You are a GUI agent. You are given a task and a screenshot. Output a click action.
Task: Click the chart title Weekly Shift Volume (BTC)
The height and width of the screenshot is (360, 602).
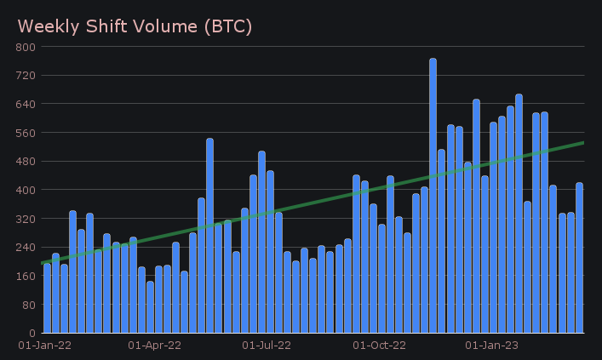click(135, 26)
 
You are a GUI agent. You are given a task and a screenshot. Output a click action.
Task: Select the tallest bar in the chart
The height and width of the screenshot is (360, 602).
click(433, 196)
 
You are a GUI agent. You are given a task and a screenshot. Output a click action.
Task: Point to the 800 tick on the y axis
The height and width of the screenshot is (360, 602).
click(25, 47)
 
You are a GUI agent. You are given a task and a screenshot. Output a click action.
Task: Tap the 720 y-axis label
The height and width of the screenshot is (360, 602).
click(25, 76)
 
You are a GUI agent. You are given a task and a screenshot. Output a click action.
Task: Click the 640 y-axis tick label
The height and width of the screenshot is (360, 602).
click(25, 104)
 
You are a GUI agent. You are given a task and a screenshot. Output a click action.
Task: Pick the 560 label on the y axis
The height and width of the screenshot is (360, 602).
click(25, 133)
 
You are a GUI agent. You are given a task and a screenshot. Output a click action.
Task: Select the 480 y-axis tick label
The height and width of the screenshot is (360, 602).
click(25, 161)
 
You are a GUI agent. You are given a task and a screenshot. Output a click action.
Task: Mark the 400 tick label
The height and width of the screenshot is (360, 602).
click(25, 190)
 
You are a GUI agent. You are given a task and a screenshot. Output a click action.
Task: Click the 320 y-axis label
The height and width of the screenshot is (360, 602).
click(25, 219)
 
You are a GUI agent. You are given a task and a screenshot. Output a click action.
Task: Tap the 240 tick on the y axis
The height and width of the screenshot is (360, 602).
click(25, 247)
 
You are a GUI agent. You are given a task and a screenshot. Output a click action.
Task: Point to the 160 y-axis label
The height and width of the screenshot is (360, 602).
click(25, 276)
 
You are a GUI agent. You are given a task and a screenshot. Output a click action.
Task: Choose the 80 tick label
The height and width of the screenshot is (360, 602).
click(27, 304)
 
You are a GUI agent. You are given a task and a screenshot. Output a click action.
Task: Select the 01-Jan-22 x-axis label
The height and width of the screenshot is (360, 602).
click(45, 346)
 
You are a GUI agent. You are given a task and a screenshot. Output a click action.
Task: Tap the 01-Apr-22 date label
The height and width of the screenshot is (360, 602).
click(154, 346)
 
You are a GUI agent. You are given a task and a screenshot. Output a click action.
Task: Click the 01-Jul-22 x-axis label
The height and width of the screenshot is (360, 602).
click(267, 346)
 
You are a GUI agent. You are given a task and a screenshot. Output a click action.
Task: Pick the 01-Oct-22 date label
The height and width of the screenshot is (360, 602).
click(379, 346)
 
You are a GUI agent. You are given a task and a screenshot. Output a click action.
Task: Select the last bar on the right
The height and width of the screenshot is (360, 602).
click(579, 258)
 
